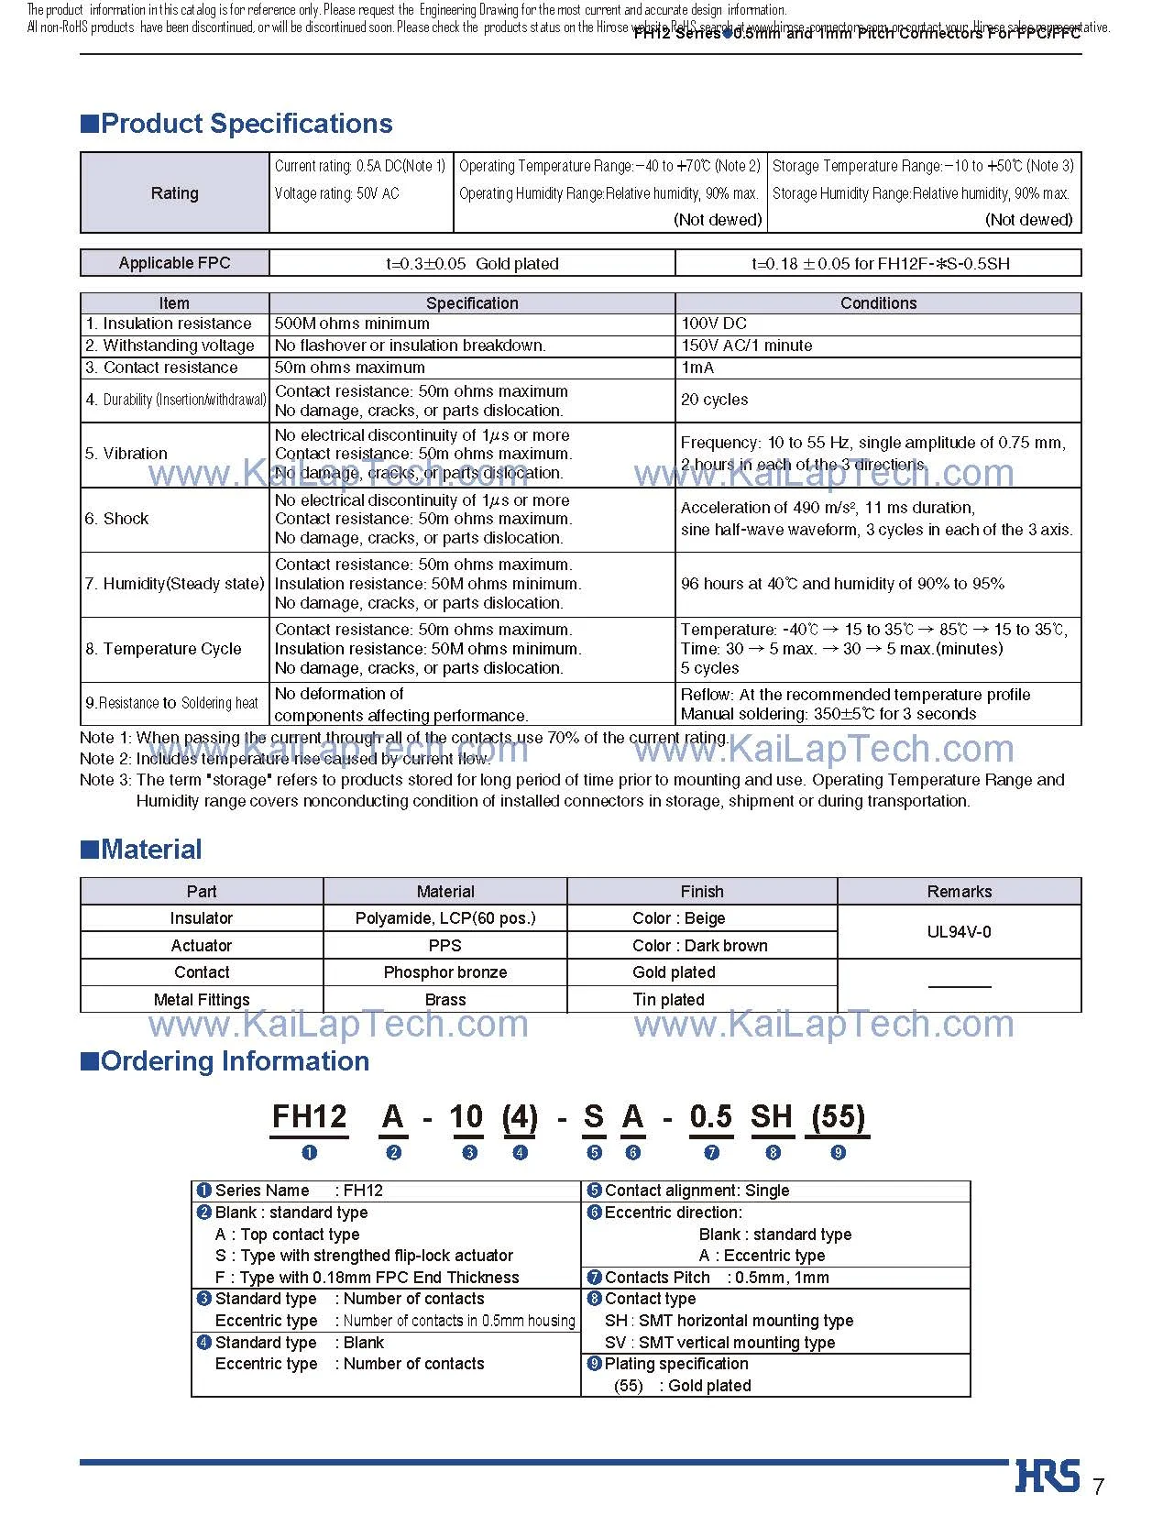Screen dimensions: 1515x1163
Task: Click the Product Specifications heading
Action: pyautogui.click(x=246, y=124)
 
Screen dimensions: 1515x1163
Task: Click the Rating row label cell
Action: pyautogui.click(x=174, y=193)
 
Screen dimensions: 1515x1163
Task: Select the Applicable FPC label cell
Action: pyautogui.click(x=174, y=263)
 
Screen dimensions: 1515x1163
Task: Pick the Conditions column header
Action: pyautogui.click(x=877, y=303)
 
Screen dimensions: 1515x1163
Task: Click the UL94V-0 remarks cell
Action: pyautogui.click(x=959, y=932)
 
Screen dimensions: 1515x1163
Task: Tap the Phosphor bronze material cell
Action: pyautogui.click(x=444, y=972)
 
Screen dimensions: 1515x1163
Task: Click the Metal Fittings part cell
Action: pyautogui.click(x=202, y=1000)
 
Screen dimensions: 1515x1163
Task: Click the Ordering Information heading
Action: pyautogui.click(x=235, y=1061)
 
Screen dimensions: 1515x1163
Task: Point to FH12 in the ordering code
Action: pyautogui.click(x=310, y=1117)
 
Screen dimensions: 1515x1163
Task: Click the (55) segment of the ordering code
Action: pyautogui.click(x=838, y=1117)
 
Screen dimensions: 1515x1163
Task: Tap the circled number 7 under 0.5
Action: pyautogui.click(x=711, y=1153)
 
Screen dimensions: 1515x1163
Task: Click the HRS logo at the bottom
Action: pyautogui.click(x=1047, y=1476)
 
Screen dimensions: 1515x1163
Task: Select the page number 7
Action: pyautogui.click(x=1099, y=1487)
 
